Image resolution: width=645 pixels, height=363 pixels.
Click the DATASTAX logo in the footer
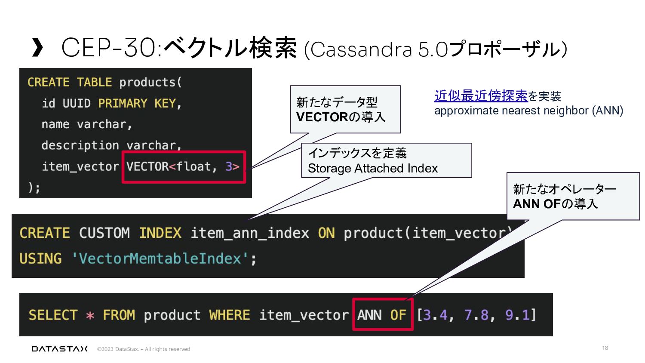click(59, 349)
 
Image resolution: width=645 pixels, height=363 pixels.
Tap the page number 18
click(605, 348)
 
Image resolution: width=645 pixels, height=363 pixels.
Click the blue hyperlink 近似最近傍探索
click(481, 95)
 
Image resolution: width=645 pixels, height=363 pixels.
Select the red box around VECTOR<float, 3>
click(184, 166)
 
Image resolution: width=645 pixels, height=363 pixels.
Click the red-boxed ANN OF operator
click(382, 314)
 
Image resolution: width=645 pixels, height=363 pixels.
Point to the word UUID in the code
click(77, 103)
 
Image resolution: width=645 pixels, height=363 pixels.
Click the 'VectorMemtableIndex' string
click(160, 258)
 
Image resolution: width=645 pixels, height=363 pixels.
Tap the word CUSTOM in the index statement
click(104, 233)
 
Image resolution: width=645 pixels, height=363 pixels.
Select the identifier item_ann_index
click(249, 233)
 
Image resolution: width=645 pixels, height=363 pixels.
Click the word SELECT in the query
click(53, 315)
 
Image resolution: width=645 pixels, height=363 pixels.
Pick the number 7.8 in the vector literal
click(476, 315)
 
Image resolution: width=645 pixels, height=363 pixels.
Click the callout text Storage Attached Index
click(373, 168)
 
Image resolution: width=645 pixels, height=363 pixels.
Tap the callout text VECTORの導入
click(341, 117)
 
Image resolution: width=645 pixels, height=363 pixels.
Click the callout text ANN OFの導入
click(555, 203)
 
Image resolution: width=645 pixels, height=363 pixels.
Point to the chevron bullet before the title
click(37, 47)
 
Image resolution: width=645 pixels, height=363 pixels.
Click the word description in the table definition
click(80, 145)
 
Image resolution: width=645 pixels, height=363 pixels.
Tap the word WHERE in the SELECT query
click(229, 315)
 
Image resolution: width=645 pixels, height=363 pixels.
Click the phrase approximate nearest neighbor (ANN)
click(528, 111)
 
